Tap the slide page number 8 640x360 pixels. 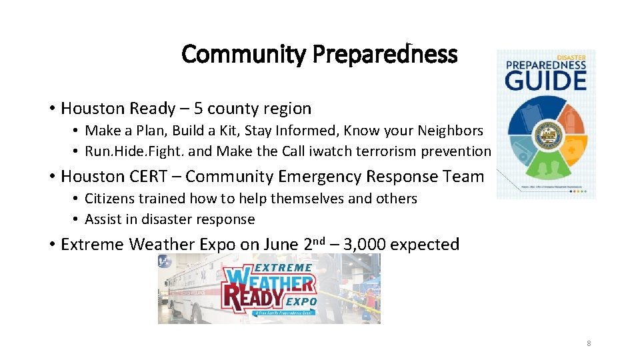tap(589, 343)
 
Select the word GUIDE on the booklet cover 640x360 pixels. tap(545, 80)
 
